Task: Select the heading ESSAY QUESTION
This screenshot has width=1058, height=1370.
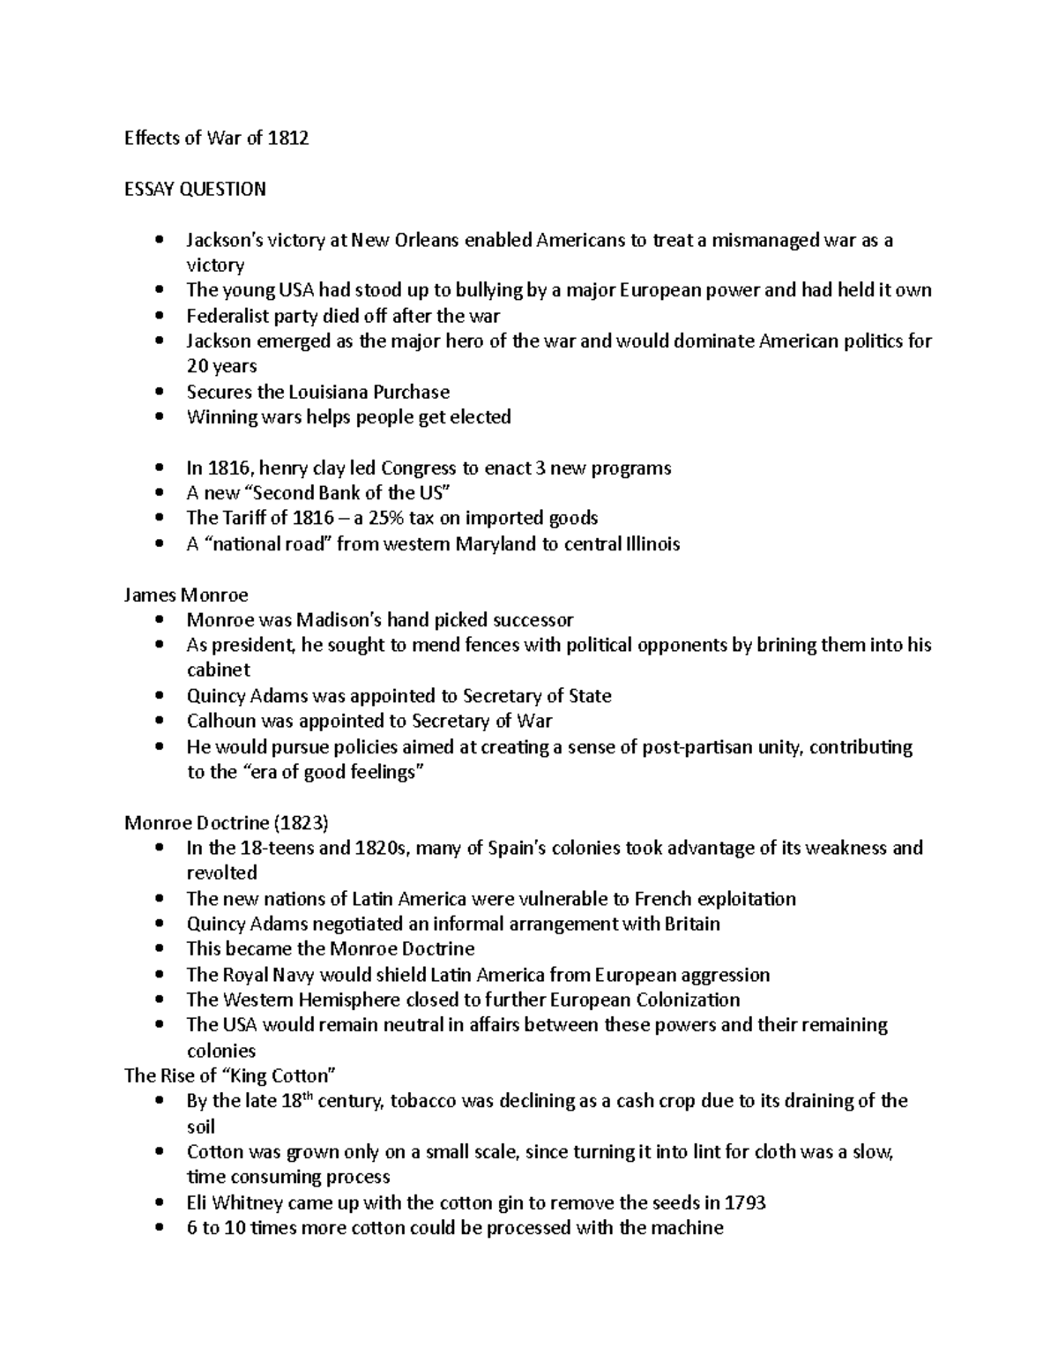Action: pyautogui.click(x=195, y=189)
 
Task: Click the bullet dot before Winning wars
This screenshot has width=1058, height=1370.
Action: pyautogui.click(x=159, y=417)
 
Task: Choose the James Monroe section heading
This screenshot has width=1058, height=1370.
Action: pyautogui.click(x=186, y=595)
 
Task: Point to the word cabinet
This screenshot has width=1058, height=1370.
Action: pyautogui.click(x=219, y=670)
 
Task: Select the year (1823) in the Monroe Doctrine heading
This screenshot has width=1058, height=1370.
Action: pyautogui.click(x=302, y=823)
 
